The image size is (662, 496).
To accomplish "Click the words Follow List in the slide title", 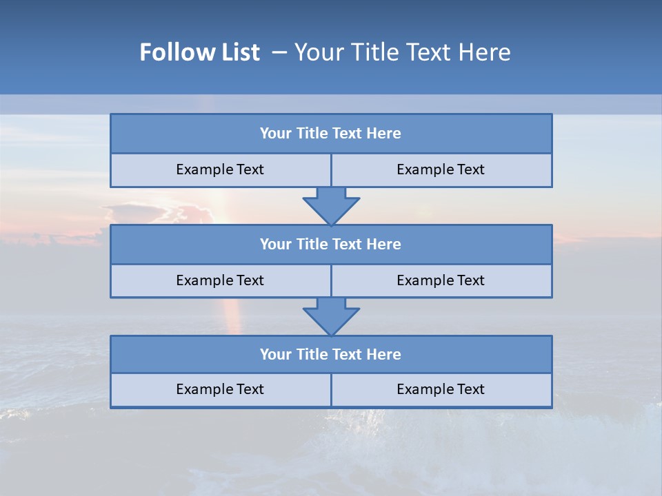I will (200, 52).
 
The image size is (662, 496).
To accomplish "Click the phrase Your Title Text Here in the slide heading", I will (402, 52).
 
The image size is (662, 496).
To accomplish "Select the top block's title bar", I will (331, 134).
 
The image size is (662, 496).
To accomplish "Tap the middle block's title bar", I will (331, 244).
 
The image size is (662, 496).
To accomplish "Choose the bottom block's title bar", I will (331, 354).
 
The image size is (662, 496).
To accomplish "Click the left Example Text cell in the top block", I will (220, 169).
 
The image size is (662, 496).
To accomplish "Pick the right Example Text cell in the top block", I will (441, 169).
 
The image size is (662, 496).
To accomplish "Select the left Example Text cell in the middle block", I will (220, 280).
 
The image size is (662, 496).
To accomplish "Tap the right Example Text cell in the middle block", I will (441, 280).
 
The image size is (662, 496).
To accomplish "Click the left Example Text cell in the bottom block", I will (220, 389).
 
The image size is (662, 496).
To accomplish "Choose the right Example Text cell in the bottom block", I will (441, 389).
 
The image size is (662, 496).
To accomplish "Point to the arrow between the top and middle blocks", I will (331, 206).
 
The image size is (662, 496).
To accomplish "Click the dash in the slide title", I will (280, 52).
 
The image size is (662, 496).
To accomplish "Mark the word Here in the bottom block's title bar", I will (383, 354).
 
